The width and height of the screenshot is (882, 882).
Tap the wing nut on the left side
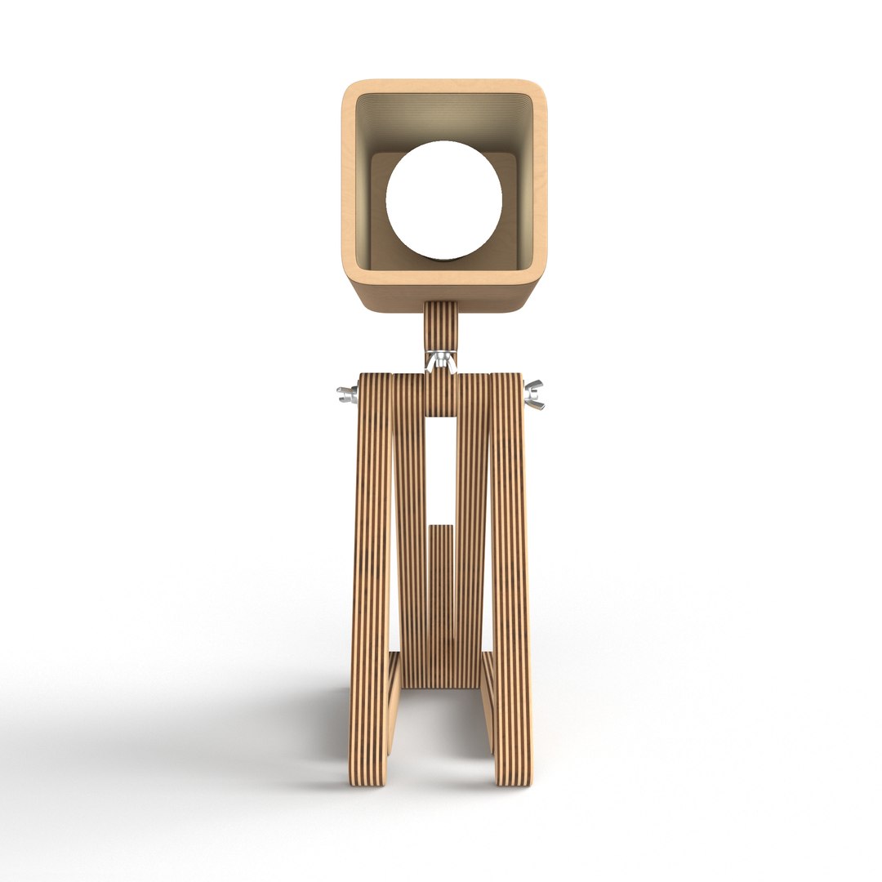346,395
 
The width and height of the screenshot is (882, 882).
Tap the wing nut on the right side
534,394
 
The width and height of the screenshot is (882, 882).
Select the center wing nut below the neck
440,359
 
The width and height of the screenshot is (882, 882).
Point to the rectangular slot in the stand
441,465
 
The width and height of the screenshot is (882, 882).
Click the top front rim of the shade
443,86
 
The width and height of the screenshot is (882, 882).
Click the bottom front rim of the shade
443,277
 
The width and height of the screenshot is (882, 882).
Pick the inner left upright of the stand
410,531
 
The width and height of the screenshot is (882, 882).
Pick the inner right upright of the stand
472,531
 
